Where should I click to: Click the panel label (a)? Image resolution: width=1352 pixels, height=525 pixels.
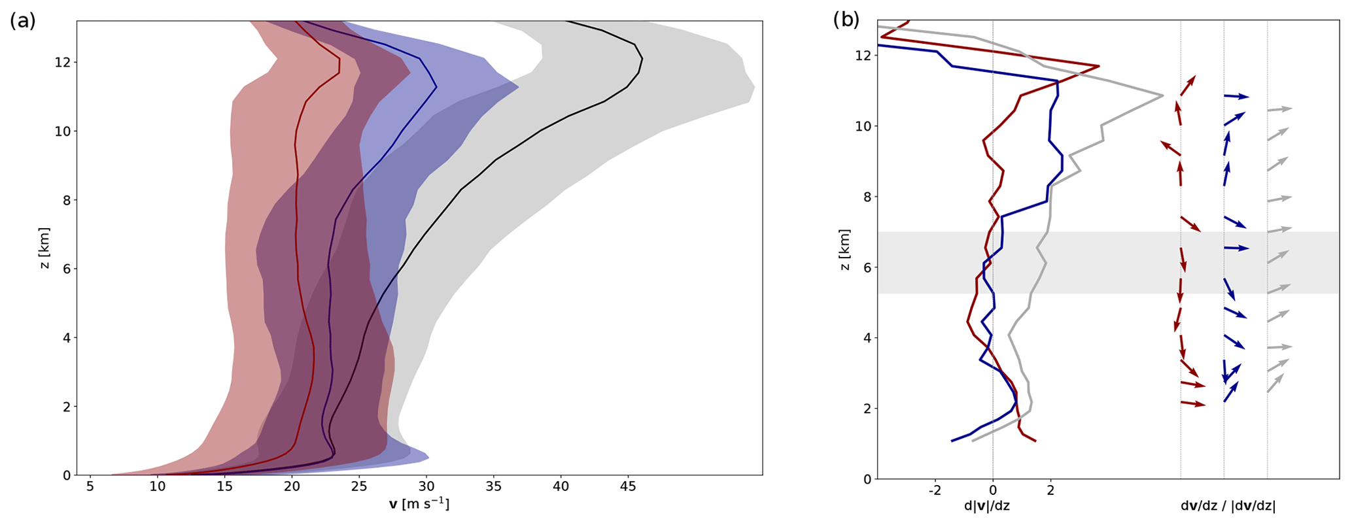22,21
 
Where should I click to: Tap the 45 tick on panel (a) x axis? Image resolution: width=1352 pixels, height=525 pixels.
628,486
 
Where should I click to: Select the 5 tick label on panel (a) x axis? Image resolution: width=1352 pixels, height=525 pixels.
90,486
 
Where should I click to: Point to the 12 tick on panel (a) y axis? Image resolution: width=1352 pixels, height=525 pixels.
65,62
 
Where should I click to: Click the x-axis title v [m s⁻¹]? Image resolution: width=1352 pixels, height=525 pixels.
419,505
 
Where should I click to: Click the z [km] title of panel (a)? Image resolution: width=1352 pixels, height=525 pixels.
44,248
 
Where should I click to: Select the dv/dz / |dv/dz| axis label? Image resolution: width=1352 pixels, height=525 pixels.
1228,505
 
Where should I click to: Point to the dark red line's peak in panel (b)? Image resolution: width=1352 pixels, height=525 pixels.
1099,66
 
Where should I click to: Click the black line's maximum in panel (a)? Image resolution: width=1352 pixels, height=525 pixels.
642,59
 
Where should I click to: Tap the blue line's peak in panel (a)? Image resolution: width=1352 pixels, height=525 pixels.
436,87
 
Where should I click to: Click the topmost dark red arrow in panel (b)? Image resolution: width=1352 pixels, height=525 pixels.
1188,86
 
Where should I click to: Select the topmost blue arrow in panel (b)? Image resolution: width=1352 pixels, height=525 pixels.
1236,96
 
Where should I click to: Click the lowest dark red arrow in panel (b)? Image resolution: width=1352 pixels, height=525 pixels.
1193,404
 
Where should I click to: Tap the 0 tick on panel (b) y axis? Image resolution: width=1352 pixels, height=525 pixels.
867,479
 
